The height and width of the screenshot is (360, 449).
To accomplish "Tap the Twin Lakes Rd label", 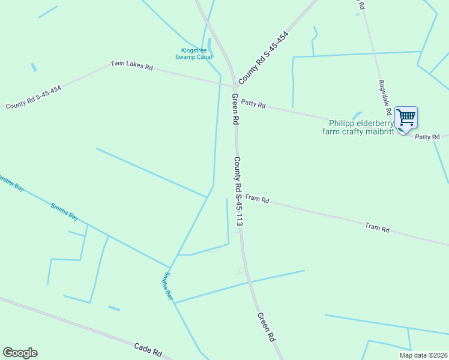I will point(131,65).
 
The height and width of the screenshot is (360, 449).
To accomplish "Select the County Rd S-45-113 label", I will point(238,191).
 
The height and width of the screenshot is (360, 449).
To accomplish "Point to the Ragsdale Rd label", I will point(385,97).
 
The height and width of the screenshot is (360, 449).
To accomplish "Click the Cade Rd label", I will point(148,349).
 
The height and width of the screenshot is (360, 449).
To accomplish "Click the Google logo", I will point(20,353).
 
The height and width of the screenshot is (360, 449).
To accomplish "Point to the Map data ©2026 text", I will point(423,355).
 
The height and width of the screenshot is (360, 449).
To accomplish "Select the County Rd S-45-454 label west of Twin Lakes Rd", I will point(33,97).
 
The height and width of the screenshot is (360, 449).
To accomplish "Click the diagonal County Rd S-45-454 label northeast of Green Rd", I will point(264,57).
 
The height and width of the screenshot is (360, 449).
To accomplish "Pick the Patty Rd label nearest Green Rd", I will point(253,104).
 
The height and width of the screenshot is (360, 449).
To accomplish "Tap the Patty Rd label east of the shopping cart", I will point(427,137).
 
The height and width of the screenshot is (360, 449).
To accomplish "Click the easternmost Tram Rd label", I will point(377,229).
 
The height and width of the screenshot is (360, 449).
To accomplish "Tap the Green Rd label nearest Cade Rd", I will point(266,327).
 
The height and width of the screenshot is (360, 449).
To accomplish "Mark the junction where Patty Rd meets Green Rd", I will point(236,98).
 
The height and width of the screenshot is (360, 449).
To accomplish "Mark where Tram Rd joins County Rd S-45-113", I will point(240,194).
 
